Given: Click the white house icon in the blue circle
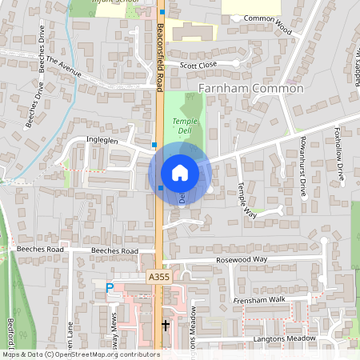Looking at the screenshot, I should [x=180, y=172].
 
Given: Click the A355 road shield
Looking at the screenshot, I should [x=158, y=277].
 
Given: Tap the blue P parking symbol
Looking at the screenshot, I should [x=110, y=286].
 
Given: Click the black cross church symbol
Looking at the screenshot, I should [x=166, y=326].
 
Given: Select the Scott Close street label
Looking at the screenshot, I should [x=198, y=66].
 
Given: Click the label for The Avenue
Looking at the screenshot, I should [x=64, y=66].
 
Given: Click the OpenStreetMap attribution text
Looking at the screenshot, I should [x=81, y=354].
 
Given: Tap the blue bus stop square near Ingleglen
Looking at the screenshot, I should [x=154, y=145].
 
